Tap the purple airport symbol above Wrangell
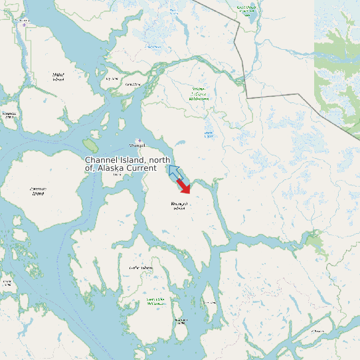coord(139,140)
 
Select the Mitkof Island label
coord(58,78)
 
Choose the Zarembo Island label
coord(38,192)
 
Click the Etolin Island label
coord(140,268)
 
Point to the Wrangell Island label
coord(179,206)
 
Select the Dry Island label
coord(112,78)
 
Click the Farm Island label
coord(133,84)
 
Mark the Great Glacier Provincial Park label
coord(246,10)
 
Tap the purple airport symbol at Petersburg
coord(26,23)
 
